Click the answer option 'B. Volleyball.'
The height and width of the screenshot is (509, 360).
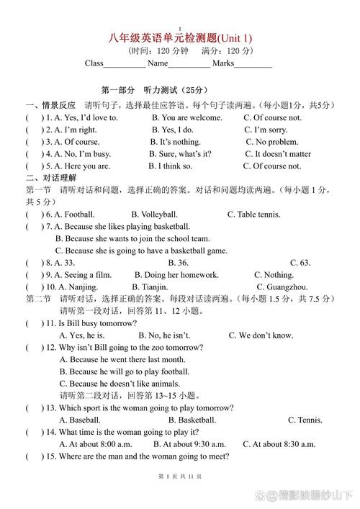point(154,215)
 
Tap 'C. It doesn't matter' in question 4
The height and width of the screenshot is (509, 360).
point(277,154)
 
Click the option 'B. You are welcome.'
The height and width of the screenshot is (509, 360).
point(186,117)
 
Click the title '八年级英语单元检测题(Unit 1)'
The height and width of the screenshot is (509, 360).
point(180,38)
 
